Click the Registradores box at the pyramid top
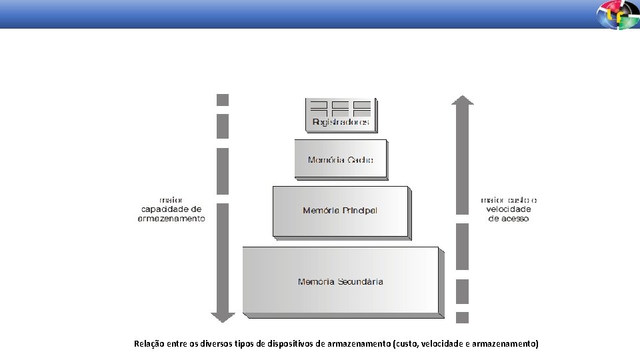(x=341, y=115)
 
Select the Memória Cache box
(x=341, y=159)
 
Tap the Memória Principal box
(x=340, y=211)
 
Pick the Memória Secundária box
(x=341, y=281)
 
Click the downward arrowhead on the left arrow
(x=223, y=316)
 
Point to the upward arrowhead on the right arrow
(x=462, y=100)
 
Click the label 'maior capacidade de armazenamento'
(x=171, y=209)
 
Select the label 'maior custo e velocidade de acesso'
(x=509, y=209)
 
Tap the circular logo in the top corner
(x=617, y=15)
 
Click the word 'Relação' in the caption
(x=149, y=344)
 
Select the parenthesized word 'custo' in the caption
(x=406, y=344)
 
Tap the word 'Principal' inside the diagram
(x=360, y=211)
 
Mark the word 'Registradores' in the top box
(x=341, y=123)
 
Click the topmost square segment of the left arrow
(x=223, y=100)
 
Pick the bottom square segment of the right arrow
(x=462, y=317)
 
